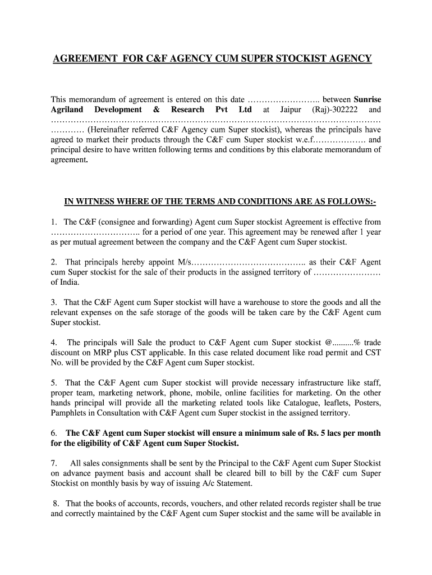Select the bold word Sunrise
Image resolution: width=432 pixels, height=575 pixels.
click(367, 99)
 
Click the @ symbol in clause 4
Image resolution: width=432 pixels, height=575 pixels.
click(329, 343)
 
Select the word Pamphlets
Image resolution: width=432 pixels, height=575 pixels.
click(70, 413)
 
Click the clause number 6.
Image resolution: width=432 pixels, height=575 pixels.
click(54, 433)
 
